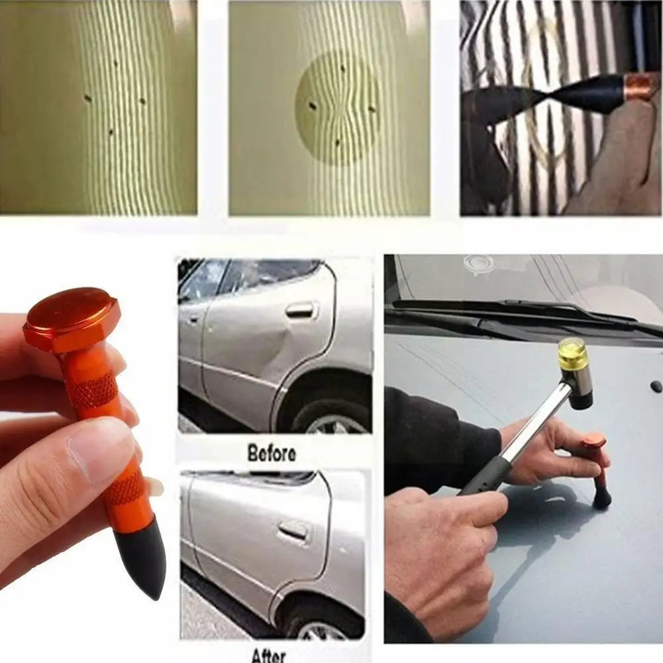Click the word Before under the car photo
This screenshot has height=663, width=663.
pyautogui.click(x=272, y=454)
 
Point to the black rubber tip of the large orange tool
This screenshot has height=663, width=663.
pyautogui.click(x=143, y=556)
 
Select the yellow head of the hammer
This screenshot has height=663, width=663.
pyautogui.click(x=572, y=354)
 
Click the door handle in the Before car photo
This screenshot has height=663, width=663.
pyautogui.click(x=300, y=309)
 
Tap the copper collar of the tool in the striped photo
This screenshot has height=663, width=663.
pyautogui.click(x=640, y=87)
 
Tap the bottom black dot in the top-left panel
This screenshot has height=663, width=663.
pyautogui.click(x=110, y=132)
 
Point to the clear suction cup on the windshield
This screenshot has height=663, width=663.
pyautogui.click(x=478, y=263)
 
